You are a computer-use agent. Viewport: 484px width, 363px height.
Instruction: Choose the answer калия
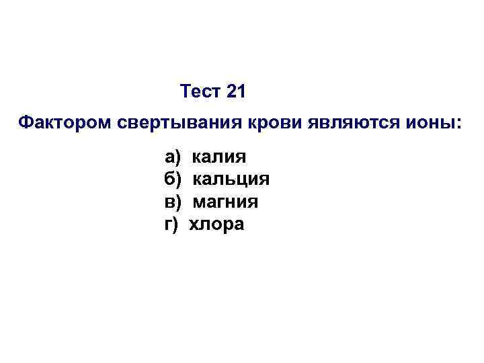point(219,158)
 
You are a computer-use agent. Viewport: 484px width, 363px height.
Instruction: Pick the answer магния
point(226,202)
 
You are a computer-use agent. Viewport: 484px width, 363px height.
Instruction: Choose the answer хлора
point(216,225)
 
